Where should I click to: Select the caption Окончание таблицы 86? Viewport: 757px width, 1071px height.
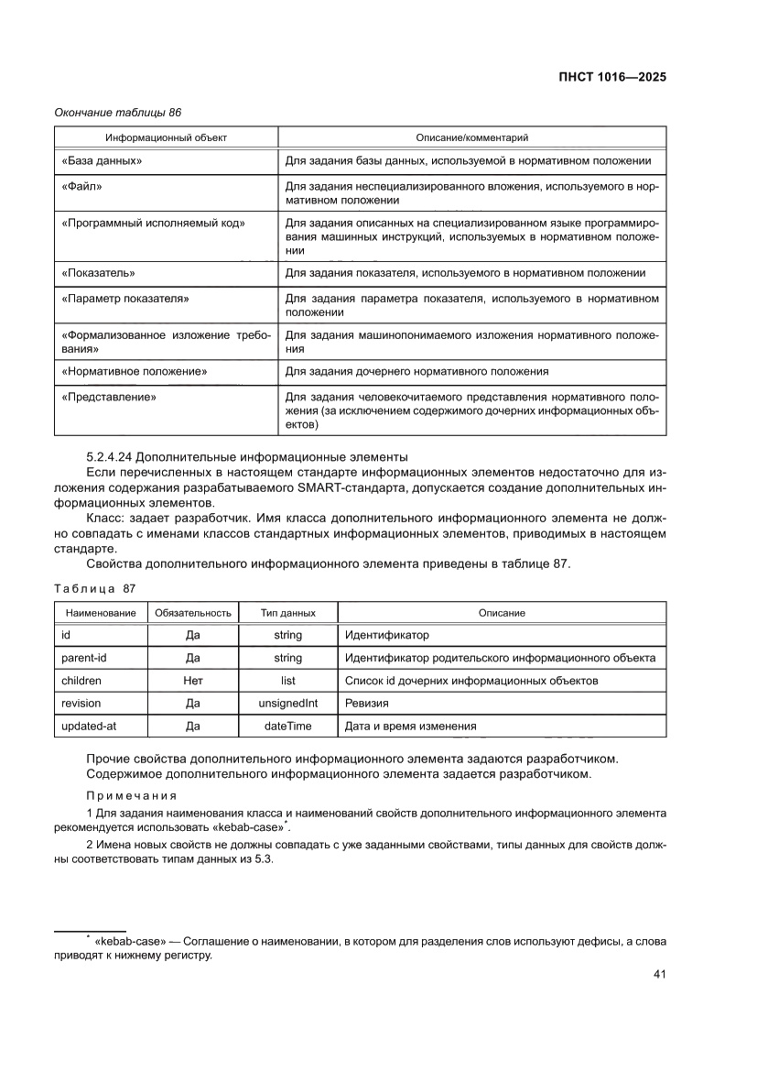point(118,113)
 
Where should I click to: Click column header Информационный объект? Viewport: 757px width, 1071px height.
point(166,137)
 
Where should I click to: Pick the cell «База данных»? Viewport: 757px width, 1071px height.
point(102,161)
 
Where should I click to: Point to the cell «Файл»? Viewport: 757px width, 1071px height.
point(81,187)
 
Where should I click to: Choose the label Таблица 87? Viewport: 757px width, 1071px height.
point(94,588)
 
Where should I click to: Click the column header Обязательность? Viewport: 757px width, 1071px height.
point(193,612)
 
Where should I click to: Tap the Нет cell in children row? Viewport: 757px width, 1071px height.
point(193,681)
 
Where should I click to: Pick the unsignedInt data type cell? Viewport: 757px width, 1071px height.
point(288,704)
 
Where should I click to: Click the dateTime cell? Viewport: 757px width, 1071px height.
point(288,726)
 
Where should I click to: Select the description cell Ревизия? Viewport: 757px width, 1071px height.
point(366,704)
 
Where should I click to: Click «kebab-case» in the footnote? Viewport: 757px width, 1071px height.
point(128,941)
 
